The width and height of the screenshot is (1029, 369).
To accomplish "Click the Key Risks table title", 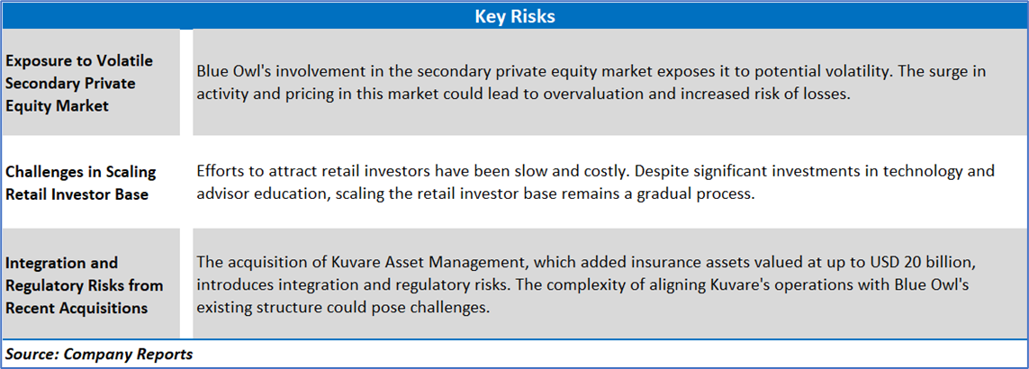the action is [515, 16].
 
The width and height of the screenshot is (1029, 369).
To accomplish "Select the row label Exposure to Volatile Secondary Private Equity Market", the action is [79, 83].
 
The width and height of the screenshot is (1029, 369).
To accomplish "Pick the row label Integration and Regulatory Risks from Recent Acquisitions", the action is [84, 285].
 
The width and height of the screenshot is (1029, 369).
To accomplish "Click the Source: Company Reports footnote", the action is [99, 354].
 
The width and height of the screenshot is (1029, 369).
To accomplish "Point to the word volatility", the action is [858, 71].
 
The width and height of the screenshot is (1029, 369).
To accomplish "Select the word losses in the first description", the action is [826, 94].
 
